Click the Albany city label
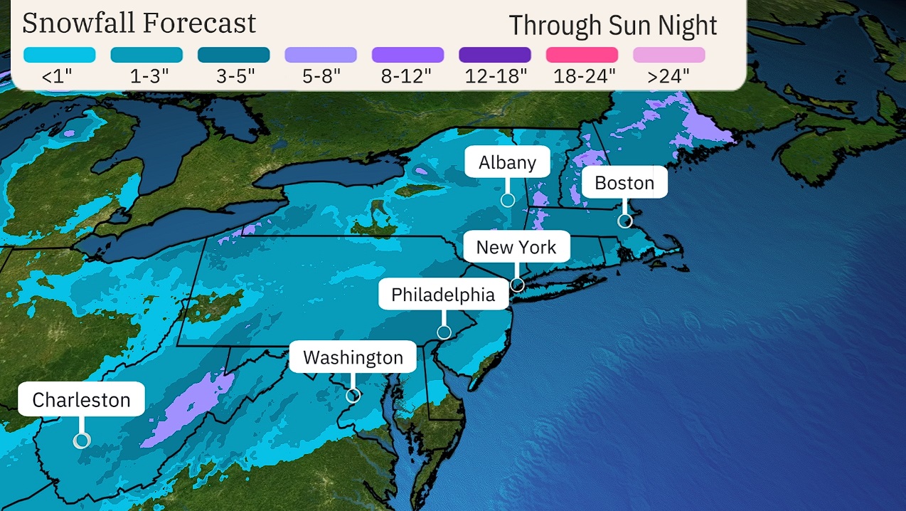507,162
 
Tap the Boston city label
624,183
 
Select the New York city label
516,247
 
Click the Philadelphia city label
443,294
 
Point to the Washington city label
353,357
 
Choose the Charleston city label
81,399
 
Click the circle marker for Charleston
82,441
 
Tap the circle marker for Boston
624,221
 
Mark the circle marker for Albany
507,200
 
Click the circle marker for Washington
353,396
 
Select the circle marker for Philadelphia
444,332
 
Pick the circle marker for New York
517,285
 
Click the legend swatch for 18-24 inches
582,55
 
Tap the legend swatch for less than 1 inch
59,55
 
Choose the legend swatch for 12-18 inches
495,55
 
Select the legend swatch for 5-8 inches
321,55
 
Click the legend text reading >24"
668,77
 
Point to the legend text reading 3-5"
233,77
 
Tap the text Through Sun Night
613,25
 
